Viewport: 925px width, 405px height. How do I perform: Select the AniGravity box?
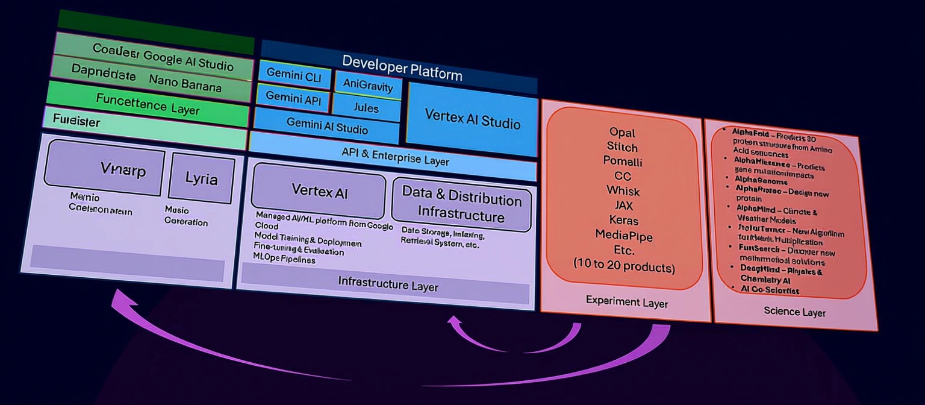367,84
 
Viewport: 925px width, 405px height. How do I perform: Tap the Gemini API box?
293,98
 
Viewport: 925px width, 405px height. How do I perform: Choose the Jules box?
366,108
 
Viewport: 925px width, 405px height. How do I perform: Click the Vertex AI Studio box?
472,119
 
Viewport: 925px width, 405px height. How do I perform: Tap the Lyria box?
201,178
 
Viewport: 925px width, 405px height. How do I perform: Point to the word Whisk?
623,191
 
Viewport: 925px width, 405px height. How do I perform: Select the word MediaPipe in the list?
623,234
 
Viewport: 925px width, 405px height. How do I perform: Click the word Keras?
623,220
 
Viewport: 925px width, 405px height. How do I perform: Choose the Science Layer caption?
794,311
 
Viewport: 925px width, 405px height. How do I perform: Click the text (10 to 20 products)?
624,265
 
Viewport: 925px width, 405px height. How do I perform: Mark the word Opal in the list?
622,133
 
